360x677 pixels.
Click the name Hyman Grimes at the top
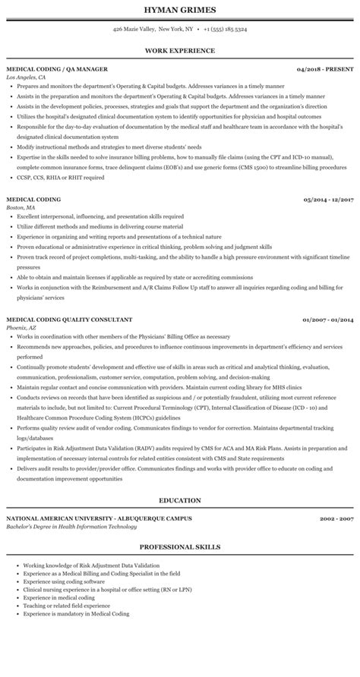point(179,10)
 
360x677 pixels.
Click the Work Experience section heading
point(179,51)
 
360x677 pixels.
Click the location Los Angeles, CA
point(26,77)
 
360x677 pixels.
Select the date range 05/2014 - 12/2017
point(328,179)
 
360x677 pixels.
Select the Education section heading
point(179,500)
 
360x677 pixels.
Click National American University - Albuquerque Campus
point(99,518)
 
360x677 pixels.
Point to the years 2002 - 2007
point(337,518)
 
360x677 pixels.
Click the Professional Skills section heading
point(179,546)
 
